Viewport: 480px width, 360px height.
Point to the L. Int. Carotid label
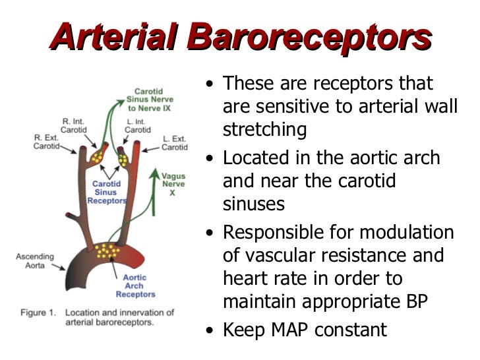[x=137, y=125]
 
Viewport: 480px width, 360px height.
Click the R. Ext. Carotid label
[x=46, y=142]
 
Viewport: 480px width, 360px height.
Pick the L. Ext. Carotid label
[x=175, y=142]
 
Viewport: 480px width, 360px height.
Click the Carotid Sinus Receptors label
[x=105, y=193]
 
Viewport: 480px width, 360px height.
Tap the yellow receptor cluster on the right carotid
[x=100, y=156]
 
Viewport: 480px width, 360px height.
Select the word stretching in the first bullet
[x=265, y=130]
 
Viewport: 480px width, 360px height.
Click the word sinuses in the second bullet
[x=254, y=204]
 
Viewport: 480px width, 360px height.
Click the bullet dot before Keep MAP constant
[x=209, y=331]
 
